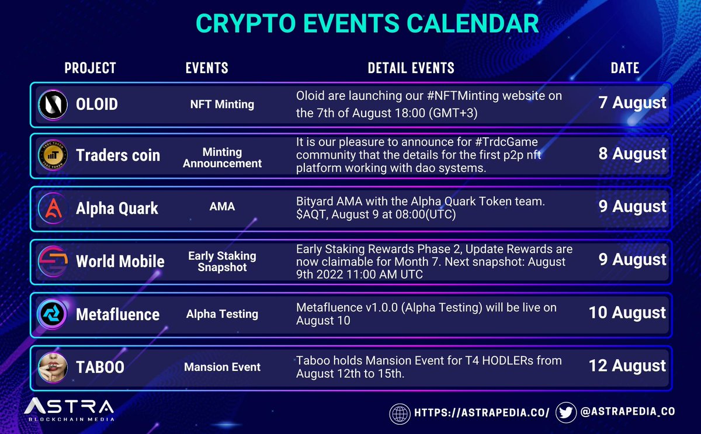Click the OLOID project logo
click(x=53, y=104)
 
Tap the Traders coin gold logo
click(x=53, y=155)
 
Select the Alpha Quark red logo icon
click(x=53, y=209)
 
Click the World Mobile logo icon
click(x=53, y=261)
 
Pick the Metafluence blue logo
click(x=53, y=314)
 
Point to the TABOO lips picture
click(x=53, y=367)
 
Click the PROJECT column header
click(x=90, y=68)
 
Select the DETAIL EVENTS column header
click(x=411, y=68)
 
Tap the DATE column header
click(x=624, y=68)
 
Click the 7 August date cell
click(x=632, y=103)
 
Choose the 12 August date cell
click(x=627, y=366)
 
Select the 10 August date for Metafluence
click(x=627, y=313)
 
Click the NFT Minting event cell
click(x=222, y=105)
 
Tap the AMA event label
click(x=222, y=207)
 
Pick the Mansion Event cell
click(x=222, y=367)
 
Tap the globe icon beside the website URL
click(x=400, y=412)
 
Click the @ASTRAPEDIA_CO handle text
click(x=627, y=412)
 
